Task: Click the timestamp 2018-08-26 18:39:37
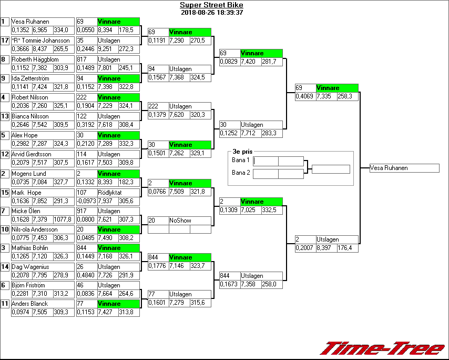[211, 13]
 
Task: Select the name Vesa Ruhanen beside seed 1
[30, 22]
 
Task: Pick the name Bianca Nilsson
[29, 117]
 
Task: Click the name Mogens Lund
[28, 174]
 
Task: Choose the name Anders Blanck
[29, 304]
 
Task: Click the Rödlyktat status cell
[110, 193]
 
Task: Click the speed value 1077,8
[63, 219]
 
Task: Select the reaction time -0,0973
[86, 201]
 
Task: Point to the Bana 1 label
[240, 160]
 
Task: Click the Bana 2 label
[240, 172]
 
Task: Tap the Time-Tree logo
[383, 348]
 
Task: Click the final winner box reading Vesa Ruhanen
[404, 168]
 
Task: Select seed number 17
[5, 41]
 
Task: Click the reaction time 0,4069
[305, 96]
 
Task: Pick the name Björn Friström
[29, 285]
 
